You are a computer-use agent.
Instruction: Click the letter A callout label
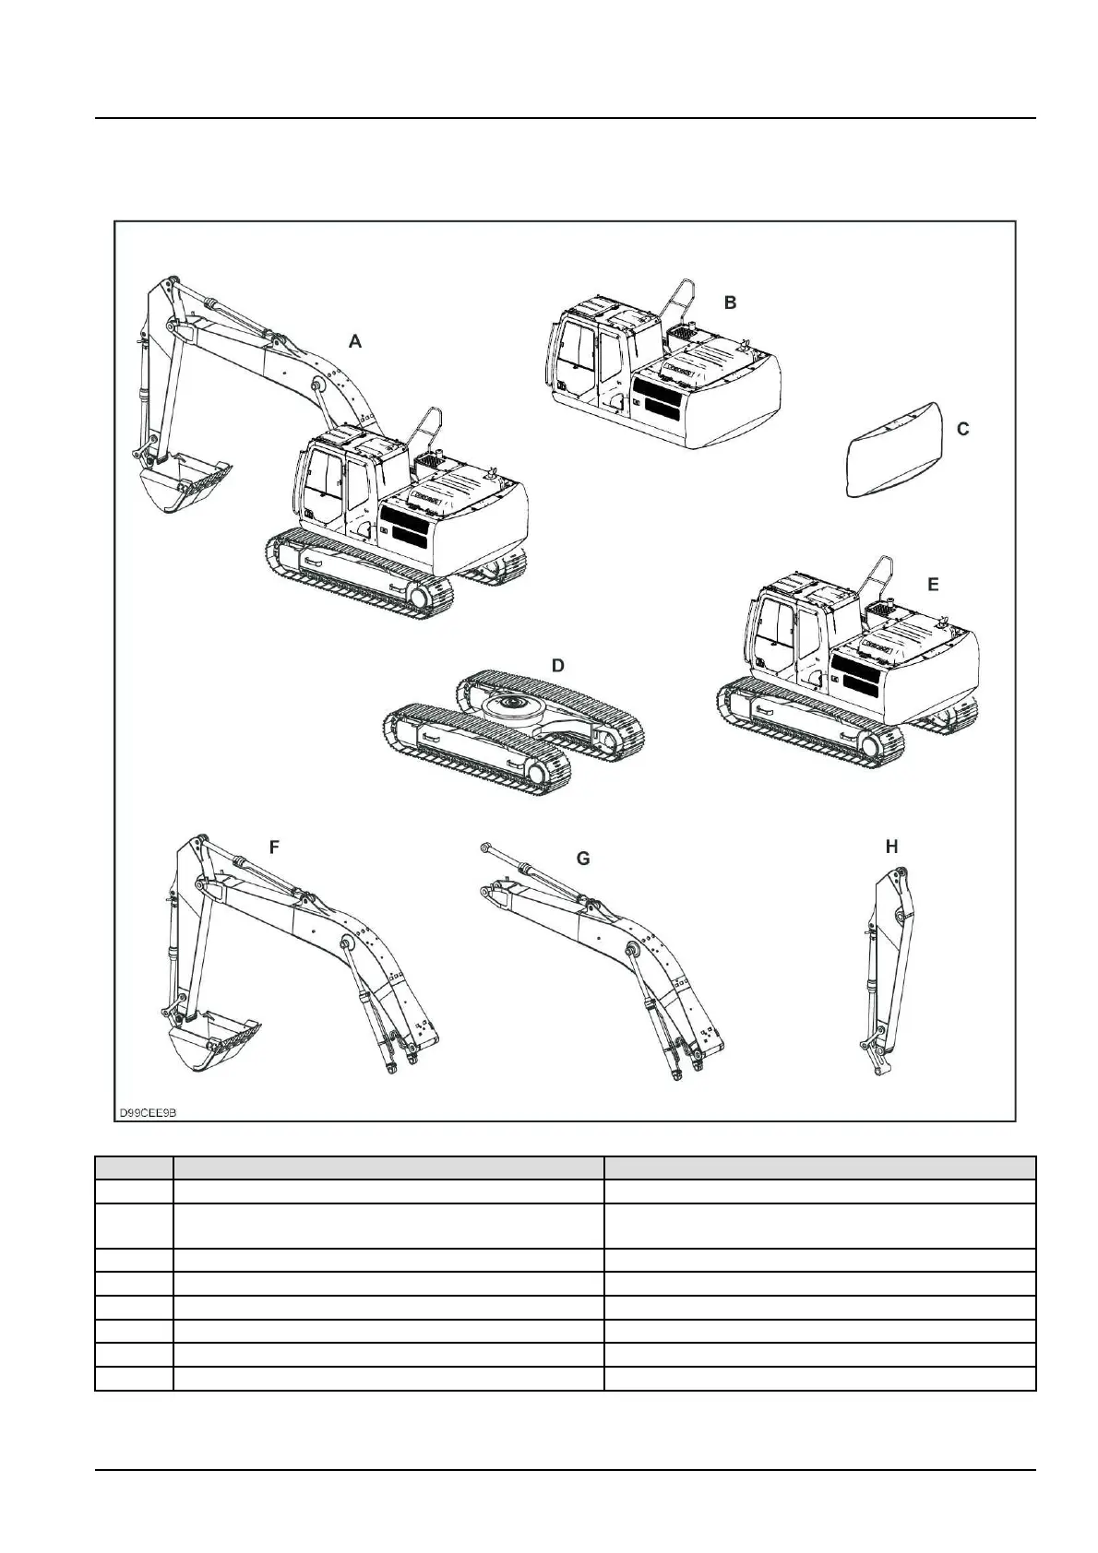coord(355,342)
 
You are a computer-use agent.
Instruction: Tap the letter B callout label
coord(730,302)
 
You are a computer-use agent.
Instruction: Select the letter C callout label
coord(962,430)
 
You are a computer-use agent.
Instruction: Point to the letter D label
coord(557,666)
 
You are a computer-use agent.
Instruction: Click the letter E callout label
coord(933,585)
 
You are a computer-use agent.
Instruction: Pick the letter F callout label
coord(274,848)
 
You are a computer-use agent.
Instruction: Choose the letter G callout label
coord(582,859)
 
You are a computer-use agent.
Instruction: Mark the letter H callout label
coord(891,847)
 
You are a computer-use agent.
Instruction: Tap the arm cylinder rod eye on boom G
coord(485,846)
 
